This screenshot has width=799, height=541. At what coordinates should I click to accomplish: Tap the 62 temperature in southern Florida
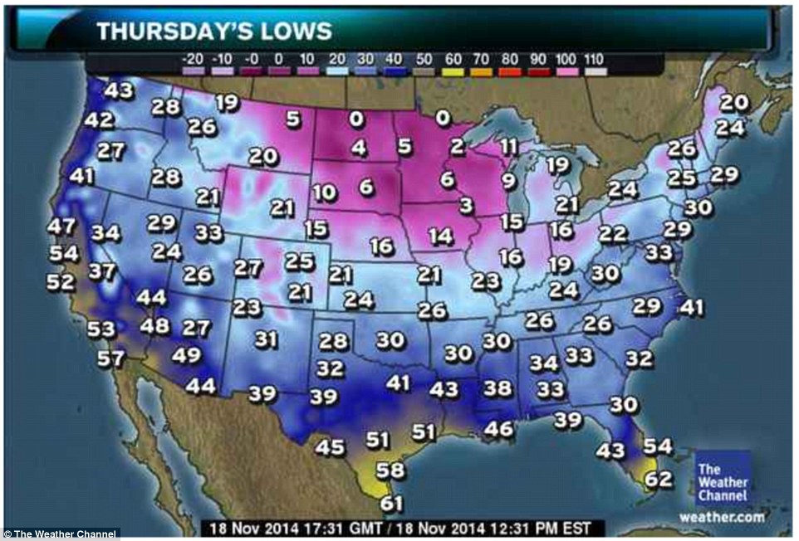point(659,479)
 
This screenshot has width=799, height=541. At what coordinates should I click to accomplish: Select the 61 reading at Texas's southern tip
point(391,503)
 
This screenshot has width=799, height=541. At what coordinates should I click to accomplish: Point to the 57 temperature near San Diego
point(110,360)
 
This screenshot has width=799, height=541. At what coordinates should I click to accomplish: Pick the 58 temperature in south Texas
point(390,470)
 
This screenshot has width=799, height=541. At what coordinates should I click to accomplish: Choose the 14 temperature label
point(441,236)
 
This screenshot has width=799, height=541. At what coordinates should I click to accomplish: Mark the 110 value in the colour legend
point(595,59)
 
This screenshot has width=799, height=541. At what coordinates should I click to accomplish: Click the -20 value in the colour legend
point(191,59)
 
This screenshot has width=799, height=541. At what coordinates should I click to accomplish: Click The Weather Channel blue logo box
point(723,480)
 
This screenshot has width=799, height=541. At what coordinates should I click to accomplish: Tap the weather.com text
point(722,518)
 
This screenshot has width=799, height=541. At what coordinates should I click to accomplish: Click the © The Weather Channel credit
point(60,534)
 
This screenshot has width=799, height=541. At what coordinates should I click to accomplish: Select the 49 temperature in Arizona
point(186,356)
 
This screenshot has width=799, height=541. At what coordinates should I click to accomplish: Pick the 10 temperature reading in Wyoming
point(325,193)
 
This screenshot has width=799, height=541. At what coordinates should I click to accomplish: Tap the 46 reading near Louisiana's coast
point(499,429)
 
